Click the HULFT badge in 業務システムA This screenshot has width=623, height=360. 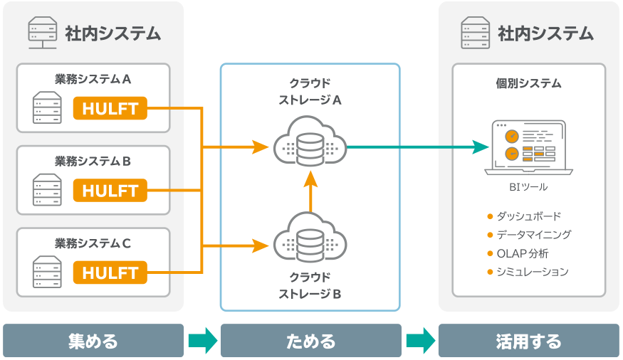click(110, 109)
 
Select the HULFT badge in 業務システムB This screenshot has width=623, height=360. click(110, 191)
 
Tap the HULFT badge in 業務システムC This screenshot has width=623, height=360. click(110, 272)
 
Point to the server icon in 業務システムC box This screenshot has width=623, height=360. click(46, 272)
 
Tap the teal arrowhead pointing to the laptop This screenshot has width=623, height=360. click(481, 147)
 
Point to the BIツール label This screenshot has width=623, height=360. click(528, 188)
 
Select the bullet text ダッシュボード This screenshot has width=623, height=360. click(528, 216)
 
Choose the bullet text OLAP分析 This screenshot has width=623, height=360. click(523, 253)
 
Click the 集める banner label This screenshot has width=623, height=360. click(93, 341)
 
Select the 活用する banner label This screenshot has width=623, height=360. click(528, 341)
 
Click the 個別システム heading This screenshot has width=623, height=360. click(528, 84)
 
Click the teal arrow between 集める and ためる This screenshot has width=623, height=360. click(202, 341)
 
